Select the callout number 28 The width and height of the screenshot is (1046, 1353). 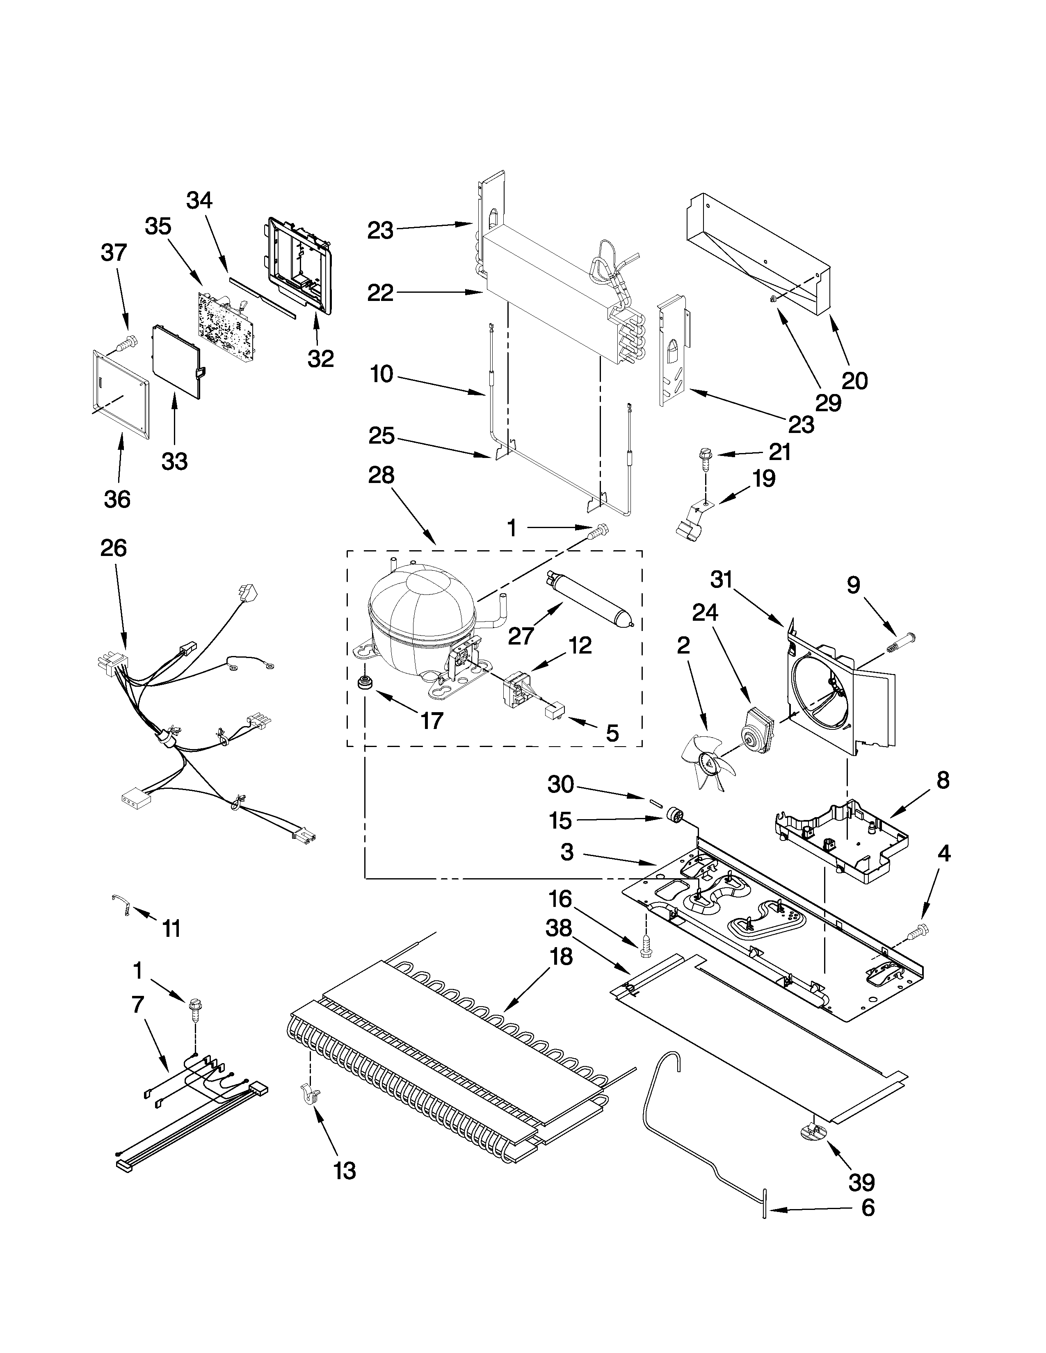coord(381,475)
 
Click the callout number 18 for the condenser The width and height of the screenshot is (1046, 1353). coord(561,957)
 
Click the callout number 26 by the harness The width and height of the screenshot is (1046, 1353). coord(113,548)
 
